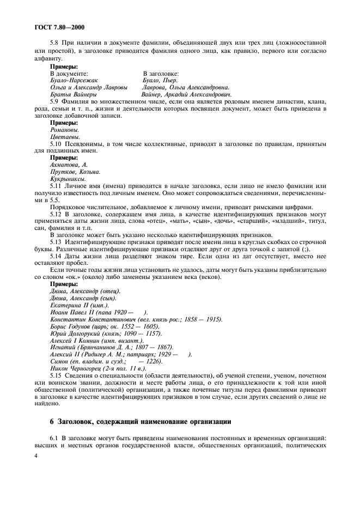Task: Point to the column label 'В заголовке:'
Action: click(161, 73)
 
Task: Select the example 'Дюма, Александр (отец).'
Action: click(85, 291)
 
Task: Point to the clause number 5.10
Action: click(57, 144)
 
